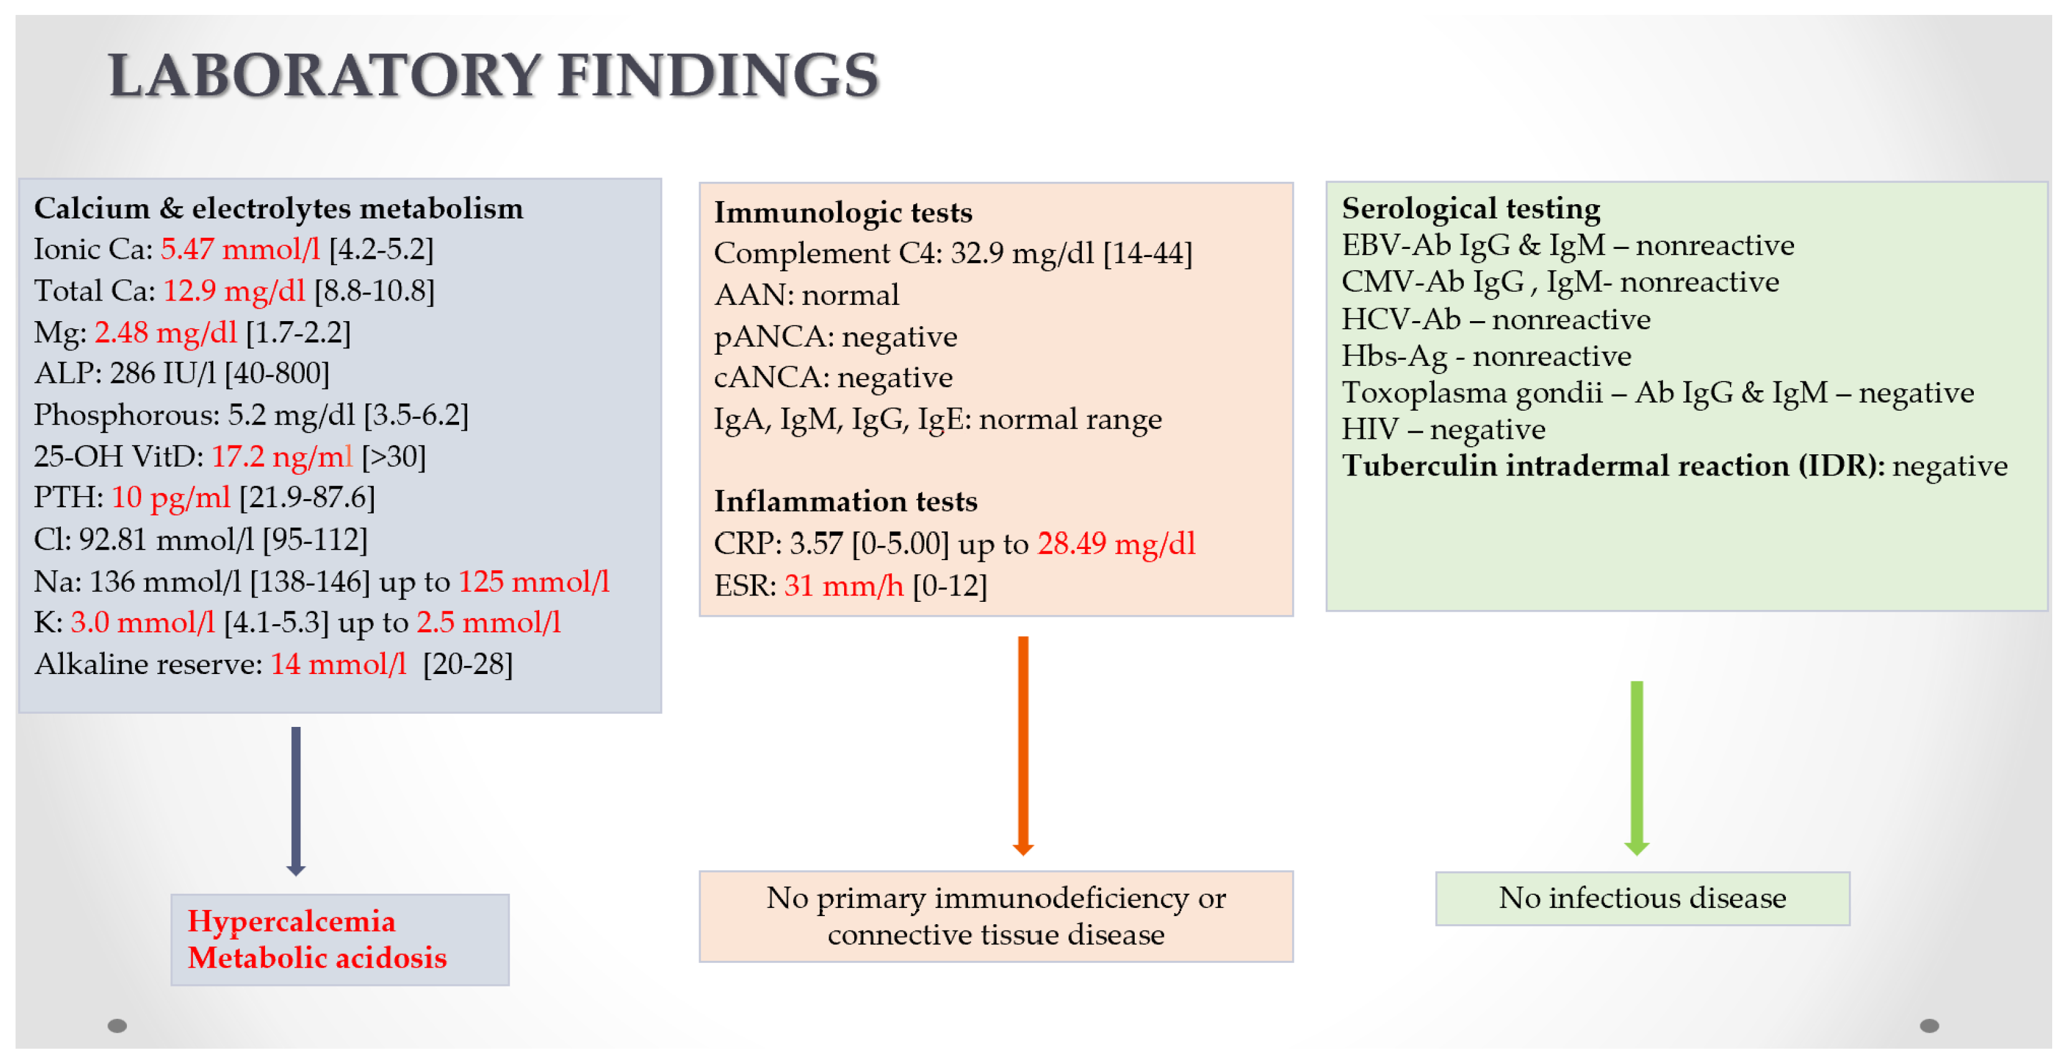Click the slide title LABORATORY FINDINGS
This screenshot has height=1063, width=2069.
click(x=493, y=75)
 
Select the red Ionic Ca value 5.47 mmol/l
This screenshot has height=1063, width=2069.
click(x=240, y=249)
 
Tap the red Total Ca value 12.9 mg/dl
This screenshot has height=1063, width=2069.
click(x=235, y=291)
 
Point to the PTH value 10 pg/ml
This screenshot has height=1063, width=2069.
click(x=171, y=498)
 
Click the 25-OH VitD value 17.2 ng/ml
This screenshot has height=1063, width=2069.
click(x=282, y=456)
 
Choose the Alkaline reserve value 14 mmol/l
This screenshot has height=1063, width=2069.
click(x=339, y=665)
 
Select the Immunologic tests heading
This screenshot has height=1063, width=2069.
click(x=844, y=213)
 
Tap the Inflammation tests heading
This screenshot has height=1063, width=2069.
click(x=846, y=502)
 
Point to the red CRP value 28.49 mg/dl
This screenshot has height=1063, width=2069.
click(x=1117, y=544)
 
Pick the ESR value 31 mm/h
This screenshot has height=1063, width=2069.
click(x=844, y=586)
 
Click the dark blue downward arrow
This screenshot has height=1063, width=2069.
click(x=295, y=801)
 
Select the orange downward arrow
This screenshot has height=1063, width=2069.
click(x=1023, y=746)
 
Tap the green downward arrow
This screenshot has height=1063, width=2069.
click(x=1637, y=768)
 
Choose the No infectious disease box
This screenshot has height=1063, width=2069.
click(x=1642, y=898)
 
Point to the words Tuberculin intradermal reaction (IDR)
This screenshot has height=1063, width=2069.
click(x=1614, y=466)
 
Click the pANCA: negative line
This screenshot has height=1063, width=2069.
click(x=835, y=337)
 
